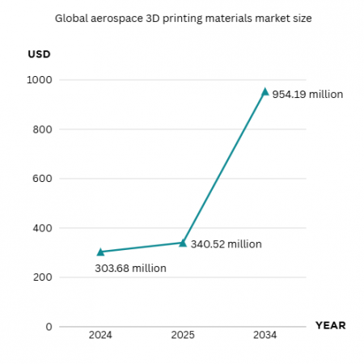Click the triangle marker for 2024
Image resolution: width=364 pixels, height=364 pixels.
tap(100, 252)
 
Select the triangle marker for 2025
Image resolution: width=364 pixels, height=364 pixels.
tap(183, 243)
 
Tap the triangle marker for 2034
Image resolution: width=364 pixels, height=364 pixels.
tap(265, 91)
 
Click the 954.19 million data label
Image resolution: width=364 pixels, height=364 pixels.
tap(308, 95)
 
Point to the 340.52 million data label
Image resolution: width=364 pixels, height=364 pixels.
tap(226, 243)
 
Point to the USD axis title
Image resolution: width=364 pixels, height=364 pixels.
tap(39, 55)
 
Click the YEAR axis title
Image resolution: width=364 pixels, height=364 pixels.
tap(330, 325)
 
